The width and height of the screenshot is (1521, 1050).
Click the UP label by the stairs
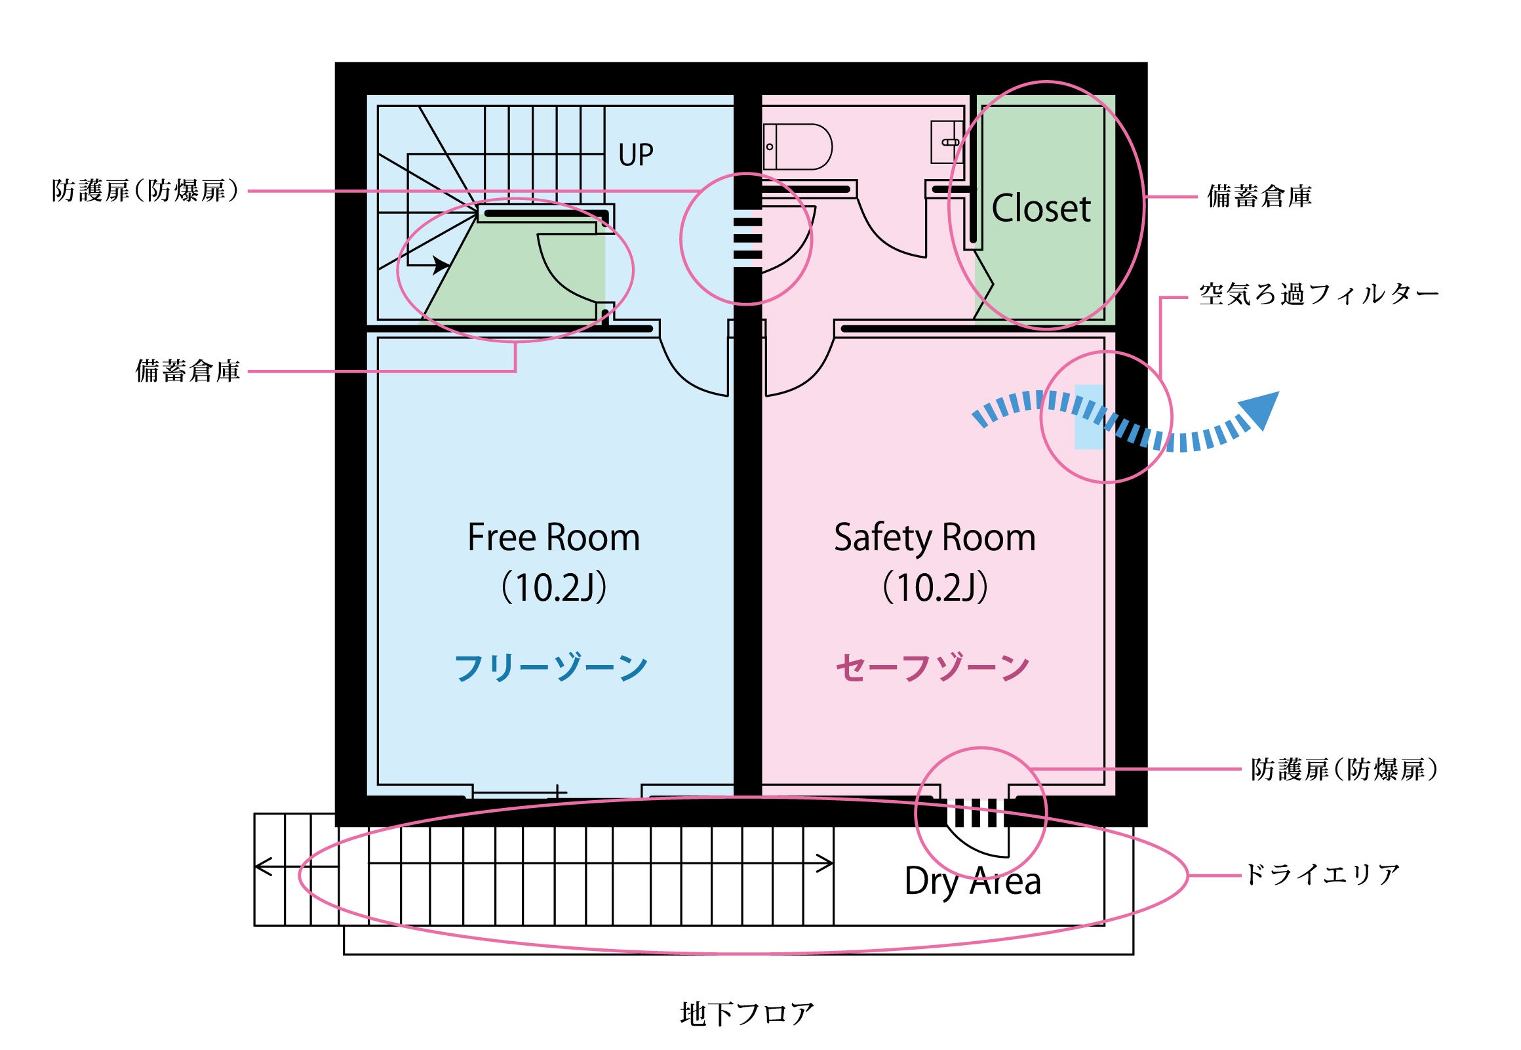pos(635,155)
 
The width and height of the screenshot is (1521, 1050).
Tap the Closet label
pos(1040,209)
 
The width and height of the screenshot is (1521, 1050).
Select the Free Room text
pos(553,538)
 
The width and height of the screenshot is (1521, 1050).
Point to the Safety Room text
pos(934,538)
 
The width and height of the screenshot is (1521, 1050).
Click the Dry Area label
pos(972,881)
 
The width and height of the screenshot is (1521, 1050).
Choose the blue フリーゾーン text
pos(551,668)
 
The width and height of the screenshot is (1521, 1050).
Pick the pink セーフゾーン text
pos(932,668)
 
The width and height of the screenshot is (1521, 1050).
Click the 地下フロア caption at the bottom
pos(747,1014)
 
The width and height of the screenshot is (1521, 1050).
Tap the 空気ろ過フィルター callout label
pos(1318,294)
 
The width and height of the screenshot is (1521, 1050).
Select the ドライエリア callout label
pos(1322,875)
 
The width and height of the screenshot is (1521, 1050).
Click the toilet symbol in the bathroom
pos(798,146)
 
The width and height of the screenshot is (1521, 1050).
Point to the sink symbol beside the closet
pos(947,142)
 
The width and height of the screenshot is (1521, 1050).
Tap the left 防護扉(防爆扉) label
pos(146,192)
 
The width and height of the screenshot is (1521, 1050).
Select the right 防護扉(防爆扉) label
pos(1344,769)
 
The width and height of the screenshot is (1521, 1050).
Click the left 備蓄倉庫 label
pos(188,372)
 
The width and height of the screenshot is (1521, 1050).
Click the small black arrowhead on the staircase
pos(441,266)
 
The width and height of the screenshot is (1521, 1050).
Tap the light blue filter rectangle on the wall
pos(1088,416)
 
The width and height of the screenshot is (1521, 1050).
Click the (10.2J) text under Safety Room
pos(934,588)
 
